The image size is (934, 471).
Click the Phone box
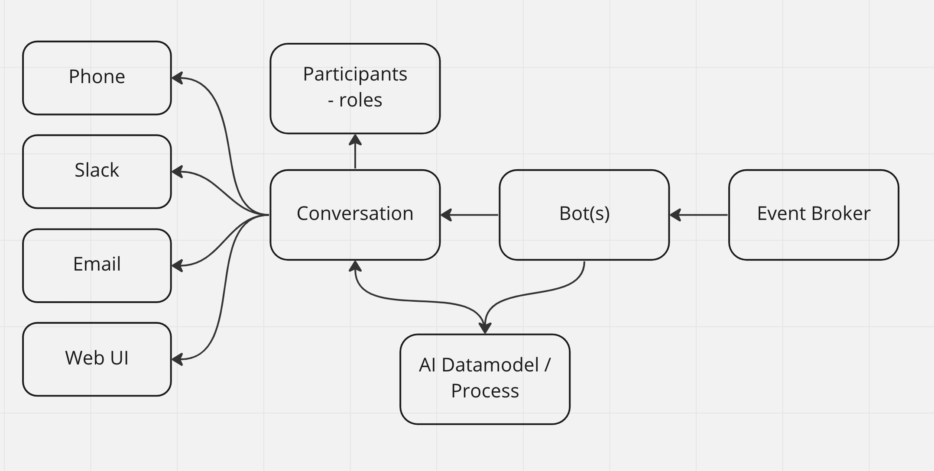tap(97, 78)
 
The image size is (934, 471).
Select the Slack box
tap(97, 171)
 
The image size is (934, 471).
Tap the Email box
tap(97, 265)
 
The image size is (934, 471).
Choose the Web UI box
tap(97, 359)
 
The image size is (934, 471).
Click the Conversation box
tap(355, 215)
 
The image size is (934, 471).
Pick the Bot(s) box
tap(584, 215)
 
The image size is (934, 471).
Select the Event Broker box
tap(814, 215)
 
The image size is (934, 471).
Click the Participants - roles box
tap(355, 88)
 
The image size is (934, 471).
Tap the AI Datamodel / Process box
tap(485, 379)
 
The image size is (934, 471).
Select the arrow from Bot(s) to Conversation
tap(470, 215)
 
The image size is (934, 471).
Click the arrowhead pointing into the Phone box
tap(177, 78)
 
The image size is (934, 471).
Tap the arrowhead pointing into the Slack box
tap(177, 171)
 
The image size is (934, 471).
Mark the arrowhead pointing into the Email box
tap(177, 265)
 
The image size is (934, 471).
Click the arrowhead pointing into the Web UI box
tap(177, 359)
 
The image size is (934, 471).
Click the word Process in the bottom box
tap(485, 391)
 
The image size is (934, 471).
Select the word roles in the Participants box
tap(360, 100)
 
